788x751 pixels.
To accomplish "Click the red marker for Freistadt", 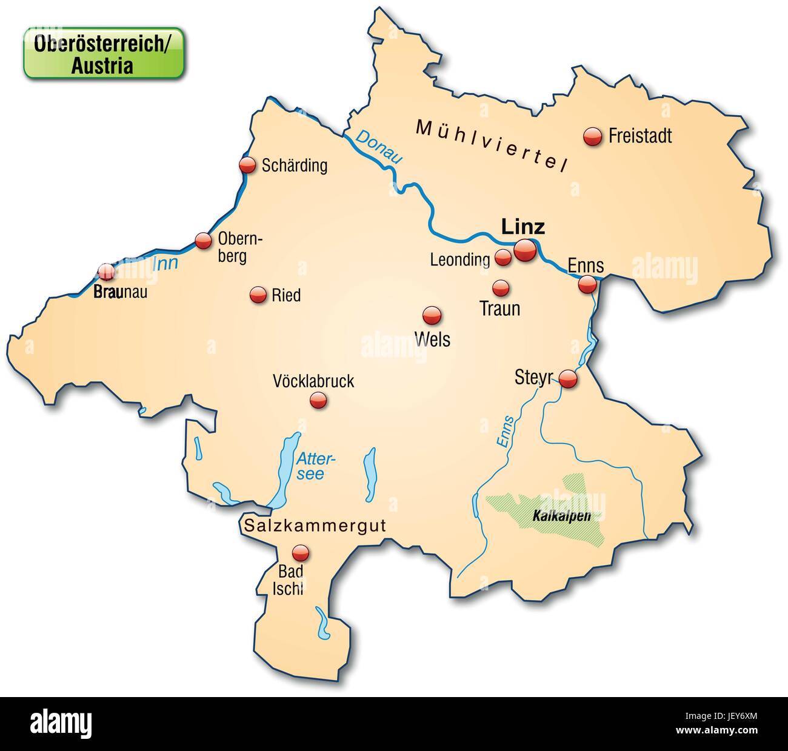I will point(592,136).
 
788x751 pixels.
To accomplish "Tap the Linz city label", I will point(523,227).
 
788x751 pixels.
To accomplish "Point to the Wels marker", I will point(432,315).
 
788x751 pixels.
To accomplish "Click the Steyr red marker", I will point(568,379).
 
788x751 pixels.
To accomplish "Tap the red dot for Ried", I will point(259,295).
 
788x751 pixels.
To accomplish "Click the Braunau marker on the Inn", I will point(107,272).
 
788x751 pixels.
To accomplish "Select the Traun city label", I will point(499,309).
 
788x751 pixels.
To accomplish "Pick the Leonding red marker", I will point(503,257).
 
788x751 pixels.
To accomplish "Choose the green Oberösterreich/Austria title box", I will point(103,53).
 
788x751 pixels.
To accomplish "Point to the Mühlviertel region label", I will point(491,145).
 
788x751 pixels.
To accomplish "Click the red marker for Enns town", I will point(587,284).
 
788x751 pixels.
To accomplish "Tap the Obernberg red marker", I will point(202,241).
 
